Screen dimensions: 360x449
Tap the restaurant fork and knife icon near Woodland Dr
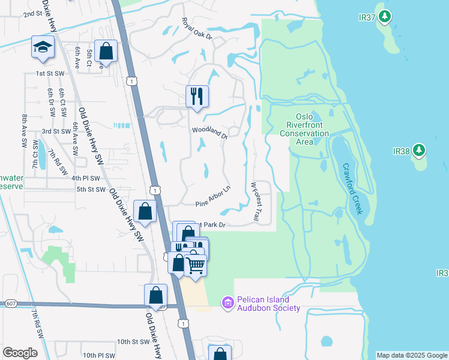coord(197,96)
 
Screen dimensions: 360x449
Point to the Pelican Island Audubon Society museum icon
coord(227,303)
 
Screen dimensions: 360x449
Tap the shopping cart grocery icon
coord(196,264)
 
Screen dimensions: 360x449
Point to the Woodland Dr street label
coord(209,133)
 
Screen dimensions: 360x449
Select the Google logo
coord(20,353)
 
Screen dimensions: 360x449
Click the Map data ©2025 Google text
coord(412,355)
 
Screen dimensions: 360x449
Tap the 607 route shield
coord(10,304)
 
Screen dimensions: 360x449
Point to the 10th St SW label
coord(132,341)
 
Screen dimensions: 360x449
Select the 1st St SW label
coord(50,73)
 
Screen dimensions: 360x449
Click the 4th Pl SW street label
coord(85,178)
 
